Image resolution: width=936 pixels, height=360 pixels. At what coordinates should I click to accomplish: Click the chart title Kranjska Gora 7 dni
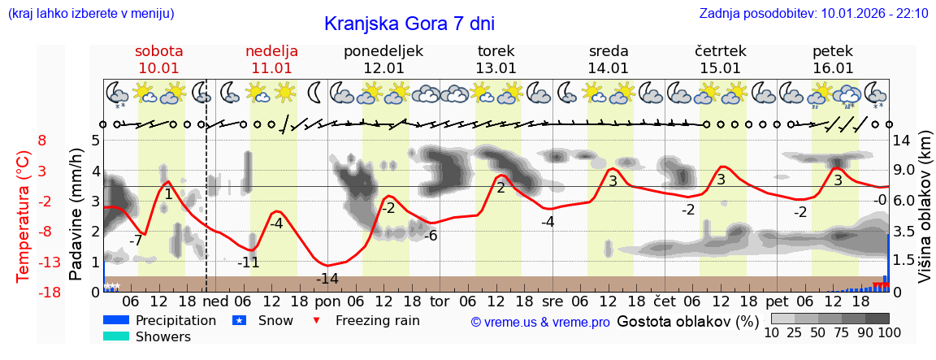[x=409, y=24]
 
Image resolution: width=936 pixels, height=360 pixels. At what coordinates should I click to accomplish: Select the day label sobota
[x=159, y=50]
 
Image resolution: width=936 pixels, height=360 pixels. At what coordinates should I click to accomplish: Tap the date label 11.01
[x=271, y=68]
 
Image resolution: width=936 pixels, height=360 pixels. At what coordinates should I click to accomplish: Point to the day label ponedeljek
[x=383, y=50]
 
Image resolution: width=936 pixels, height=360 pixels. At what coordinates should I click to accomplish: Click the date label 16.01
[x=833, y=68]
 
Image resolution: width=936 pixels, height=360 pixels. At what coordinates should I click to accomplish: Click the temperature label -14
[x=327, y=279]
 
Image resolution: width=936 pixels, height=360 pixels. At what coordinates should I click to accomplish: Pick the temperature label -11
[x=248, y=262]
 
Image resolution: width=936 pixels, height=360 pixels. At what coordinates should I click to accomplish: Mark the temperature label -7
[x=136, y=241]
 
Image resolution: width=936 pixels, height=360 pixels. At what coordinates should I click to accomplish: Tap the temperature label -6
[x=430, y=236]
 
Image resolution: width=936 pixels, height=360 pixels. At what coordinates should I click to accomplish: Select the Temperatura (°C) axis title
[x=24, y=216]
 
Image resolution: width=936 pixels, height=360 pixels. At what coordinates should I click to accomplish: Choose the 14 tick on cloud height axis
[x=903, y=140]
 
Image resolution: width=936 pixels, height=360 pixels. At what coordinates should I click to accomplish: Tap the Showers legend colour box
[x=116, y=336]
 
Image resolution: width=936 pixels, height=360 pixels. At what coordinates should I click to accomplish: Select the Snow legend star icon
[x=239, y=320]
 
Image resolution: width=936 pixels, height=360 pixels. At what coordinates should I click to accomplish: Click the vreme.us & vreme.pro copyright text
[x=540, y=322]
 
